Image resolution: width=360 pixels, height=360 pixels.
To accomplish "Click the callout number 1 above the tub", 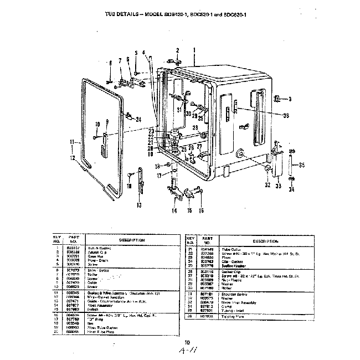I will (x=195, y=50).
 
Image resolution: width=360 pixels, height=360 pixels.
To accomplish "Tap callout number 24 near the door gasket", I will (x=138, y=120).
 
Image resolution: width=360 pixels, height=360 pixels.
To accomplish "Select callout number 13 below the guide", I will (x=138, y=205).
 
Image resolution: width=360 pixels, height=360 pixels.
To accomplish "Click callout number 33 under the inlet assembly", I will (x=279, y=186).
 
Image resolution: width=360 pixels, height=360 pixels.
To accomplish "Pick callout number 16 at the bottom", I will (x=201, y=210).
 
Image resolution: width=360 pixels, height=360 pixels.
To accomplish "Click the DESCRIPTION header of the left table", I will (x=131, y=240).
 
